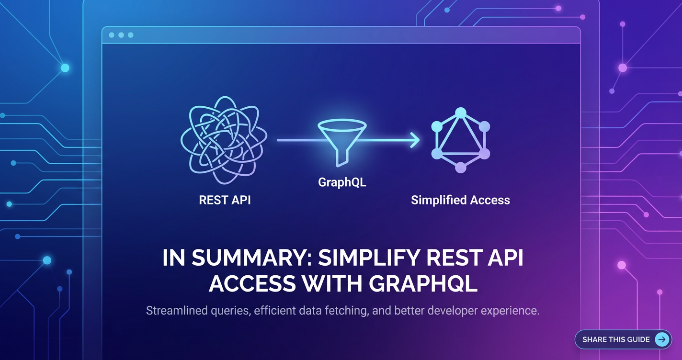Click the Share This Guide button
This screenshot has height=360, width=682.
click(x=623, y=339)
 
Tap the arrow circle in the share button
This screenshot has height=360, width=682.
click(x=662, y=339)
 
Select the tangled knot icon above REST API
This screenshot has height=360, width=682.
click(x=224, y=140)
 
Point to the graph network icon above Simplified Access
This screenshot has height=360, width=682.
click(x=460, y=140)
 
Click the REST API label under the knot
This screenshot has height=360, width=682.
click(x=225, y=200)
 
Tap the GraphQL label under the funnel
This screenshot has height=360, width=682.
click(x=342, y=182)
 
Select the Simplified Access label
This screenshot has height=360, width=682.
click(x=460, y=200)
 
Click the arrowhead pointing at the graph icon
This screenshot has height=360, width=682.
click(x=415, y=140)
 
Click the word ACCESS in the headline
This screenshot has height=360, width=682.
click(x=252, y=284)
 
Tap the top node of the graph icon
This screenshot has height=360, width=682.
click(x=460, y=113)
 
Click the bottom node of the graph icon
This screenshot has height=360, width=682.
click(x=460, y=168)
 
